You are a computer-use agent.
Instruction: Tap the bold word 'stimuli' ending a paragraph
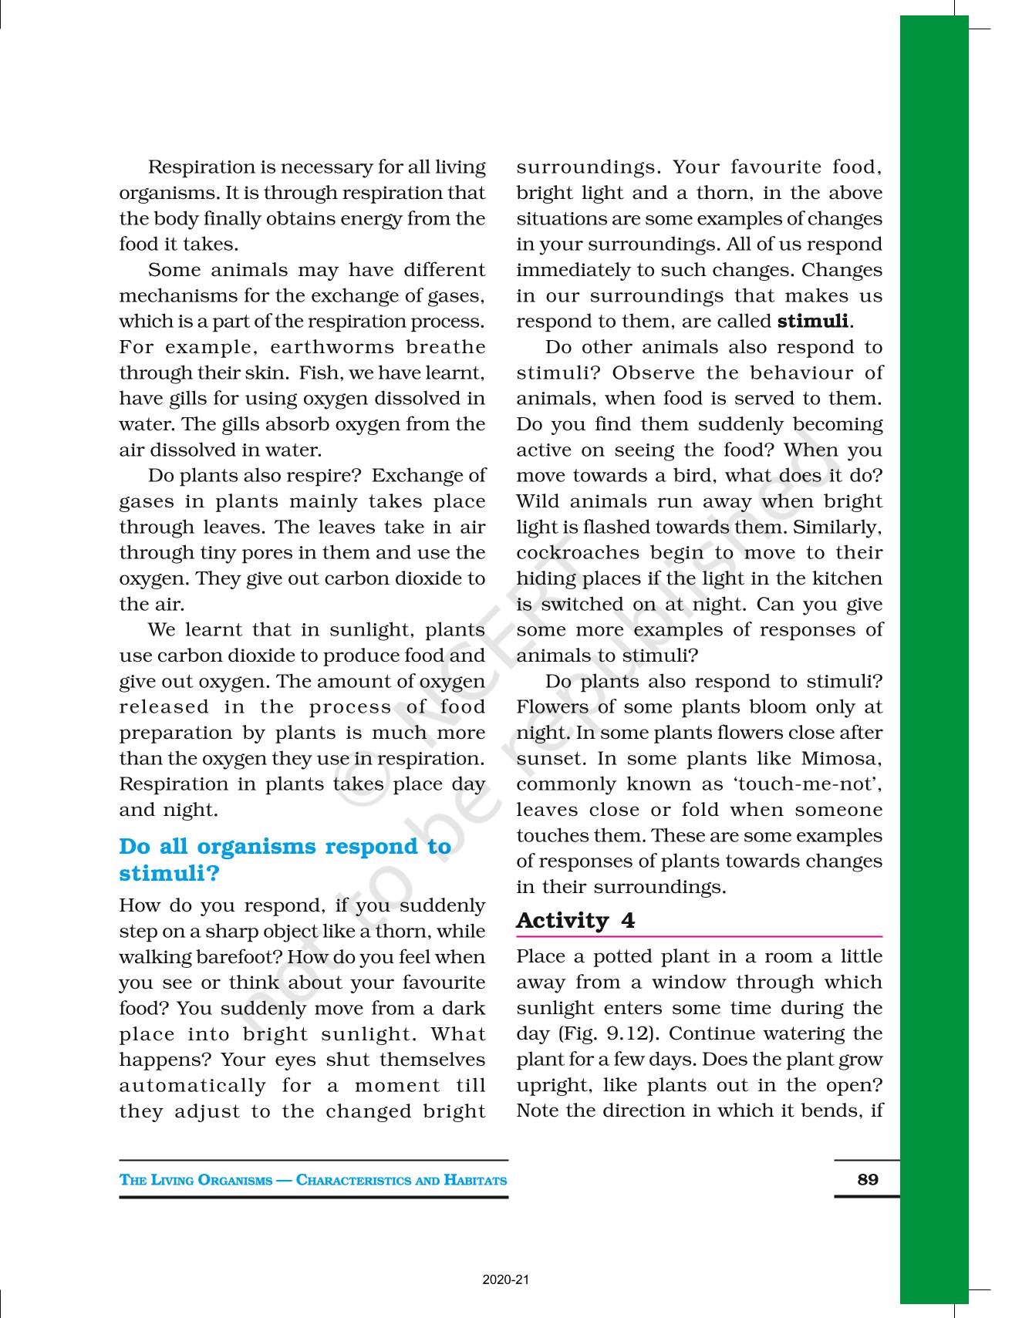[x=812, y=321]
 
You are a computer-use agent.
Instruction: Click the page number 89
[x=868, y=1179]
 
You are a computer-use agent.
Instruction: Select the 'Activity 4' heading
[x=575, y=920]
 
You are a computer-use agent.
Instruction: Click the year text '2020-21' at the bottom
[x=506, y=1280]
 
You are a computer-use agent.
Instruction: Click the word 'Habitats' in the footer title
[x=475, y=1180]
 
